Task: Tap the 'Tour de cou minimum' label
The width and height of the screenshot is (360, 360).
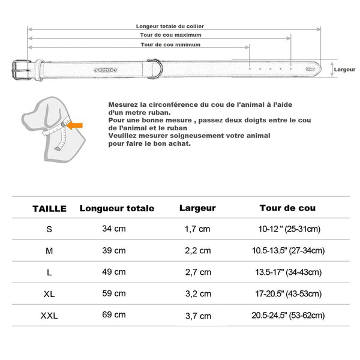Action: coord(170,44)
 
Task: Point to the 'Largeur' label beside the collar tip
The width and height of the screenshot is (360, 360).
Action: coord(344,70)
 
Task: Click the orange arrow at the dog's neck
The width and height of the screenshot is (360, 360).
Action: coord(77,125)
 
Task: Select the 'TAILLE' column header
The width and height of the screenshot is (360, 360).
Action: coord(50,209)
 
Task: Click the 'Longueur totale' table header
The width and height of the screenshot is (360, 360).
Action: coord(117,209)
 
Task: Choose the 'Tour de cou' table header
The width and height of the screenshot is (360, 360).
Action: coord(287,209)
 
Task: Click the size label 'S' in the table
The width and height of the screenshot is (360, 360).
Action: coord(49,229)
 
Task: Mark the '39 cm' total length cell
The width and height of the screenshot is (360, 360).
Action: coord(113,250)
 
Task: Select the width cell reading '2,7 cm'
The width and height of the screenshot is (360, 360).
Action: coord(197,272)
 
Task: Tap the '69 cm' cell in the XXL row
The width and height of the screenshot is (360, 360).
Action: coord(113,314)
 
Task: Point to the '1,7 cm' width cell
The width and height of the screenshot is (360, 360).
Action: coord(197,229)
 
